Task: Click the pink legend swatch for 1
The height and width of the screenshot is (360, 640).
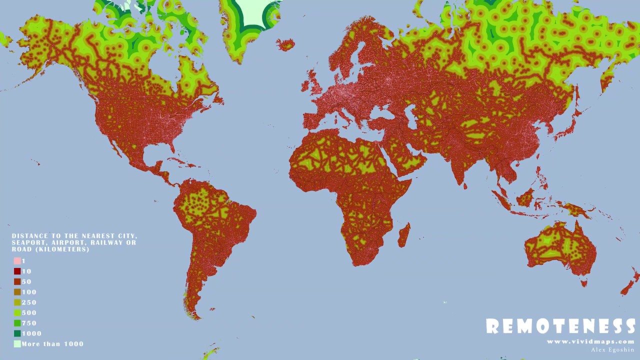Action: point(17,261)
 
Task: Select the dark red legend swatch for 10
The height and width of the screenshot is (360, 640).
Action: point(17,271)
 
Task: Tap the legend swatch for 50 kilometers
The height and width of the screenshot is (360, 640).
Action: point(17,281)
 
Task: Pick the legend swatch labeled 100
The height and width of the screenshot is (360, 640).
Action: point(17,292)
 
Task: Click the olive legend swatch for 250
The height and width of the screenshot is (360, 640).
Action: point(17,302)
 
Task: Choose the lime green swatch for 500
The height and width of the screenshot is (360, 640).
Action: point(17,313)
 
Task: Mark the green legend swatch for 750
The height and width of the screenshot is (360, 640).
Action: point(17,323)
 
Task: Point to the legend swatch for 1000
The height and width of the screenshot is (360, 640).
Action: point(17,333)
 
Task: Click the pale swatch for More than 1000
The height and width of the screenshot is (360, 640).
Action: point(17,344)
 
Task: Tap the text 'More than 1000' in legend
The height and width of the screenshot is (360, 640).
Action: point(52,344)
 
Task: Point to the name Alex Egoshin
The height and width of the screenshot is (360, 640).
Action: point(612,349)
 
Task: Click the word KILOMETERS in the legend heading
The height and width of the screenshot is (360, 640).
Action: point(60,249)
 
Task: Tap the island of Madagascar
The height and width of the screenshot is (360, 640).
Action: point(404,235)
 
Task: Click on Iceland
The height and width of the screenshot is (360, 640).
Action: point(285,45)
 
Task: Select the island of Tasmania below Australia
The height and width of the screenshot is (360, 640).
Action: point(583,283)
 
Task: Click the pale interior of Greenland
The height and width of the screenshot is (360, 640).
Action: point(255,12)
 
